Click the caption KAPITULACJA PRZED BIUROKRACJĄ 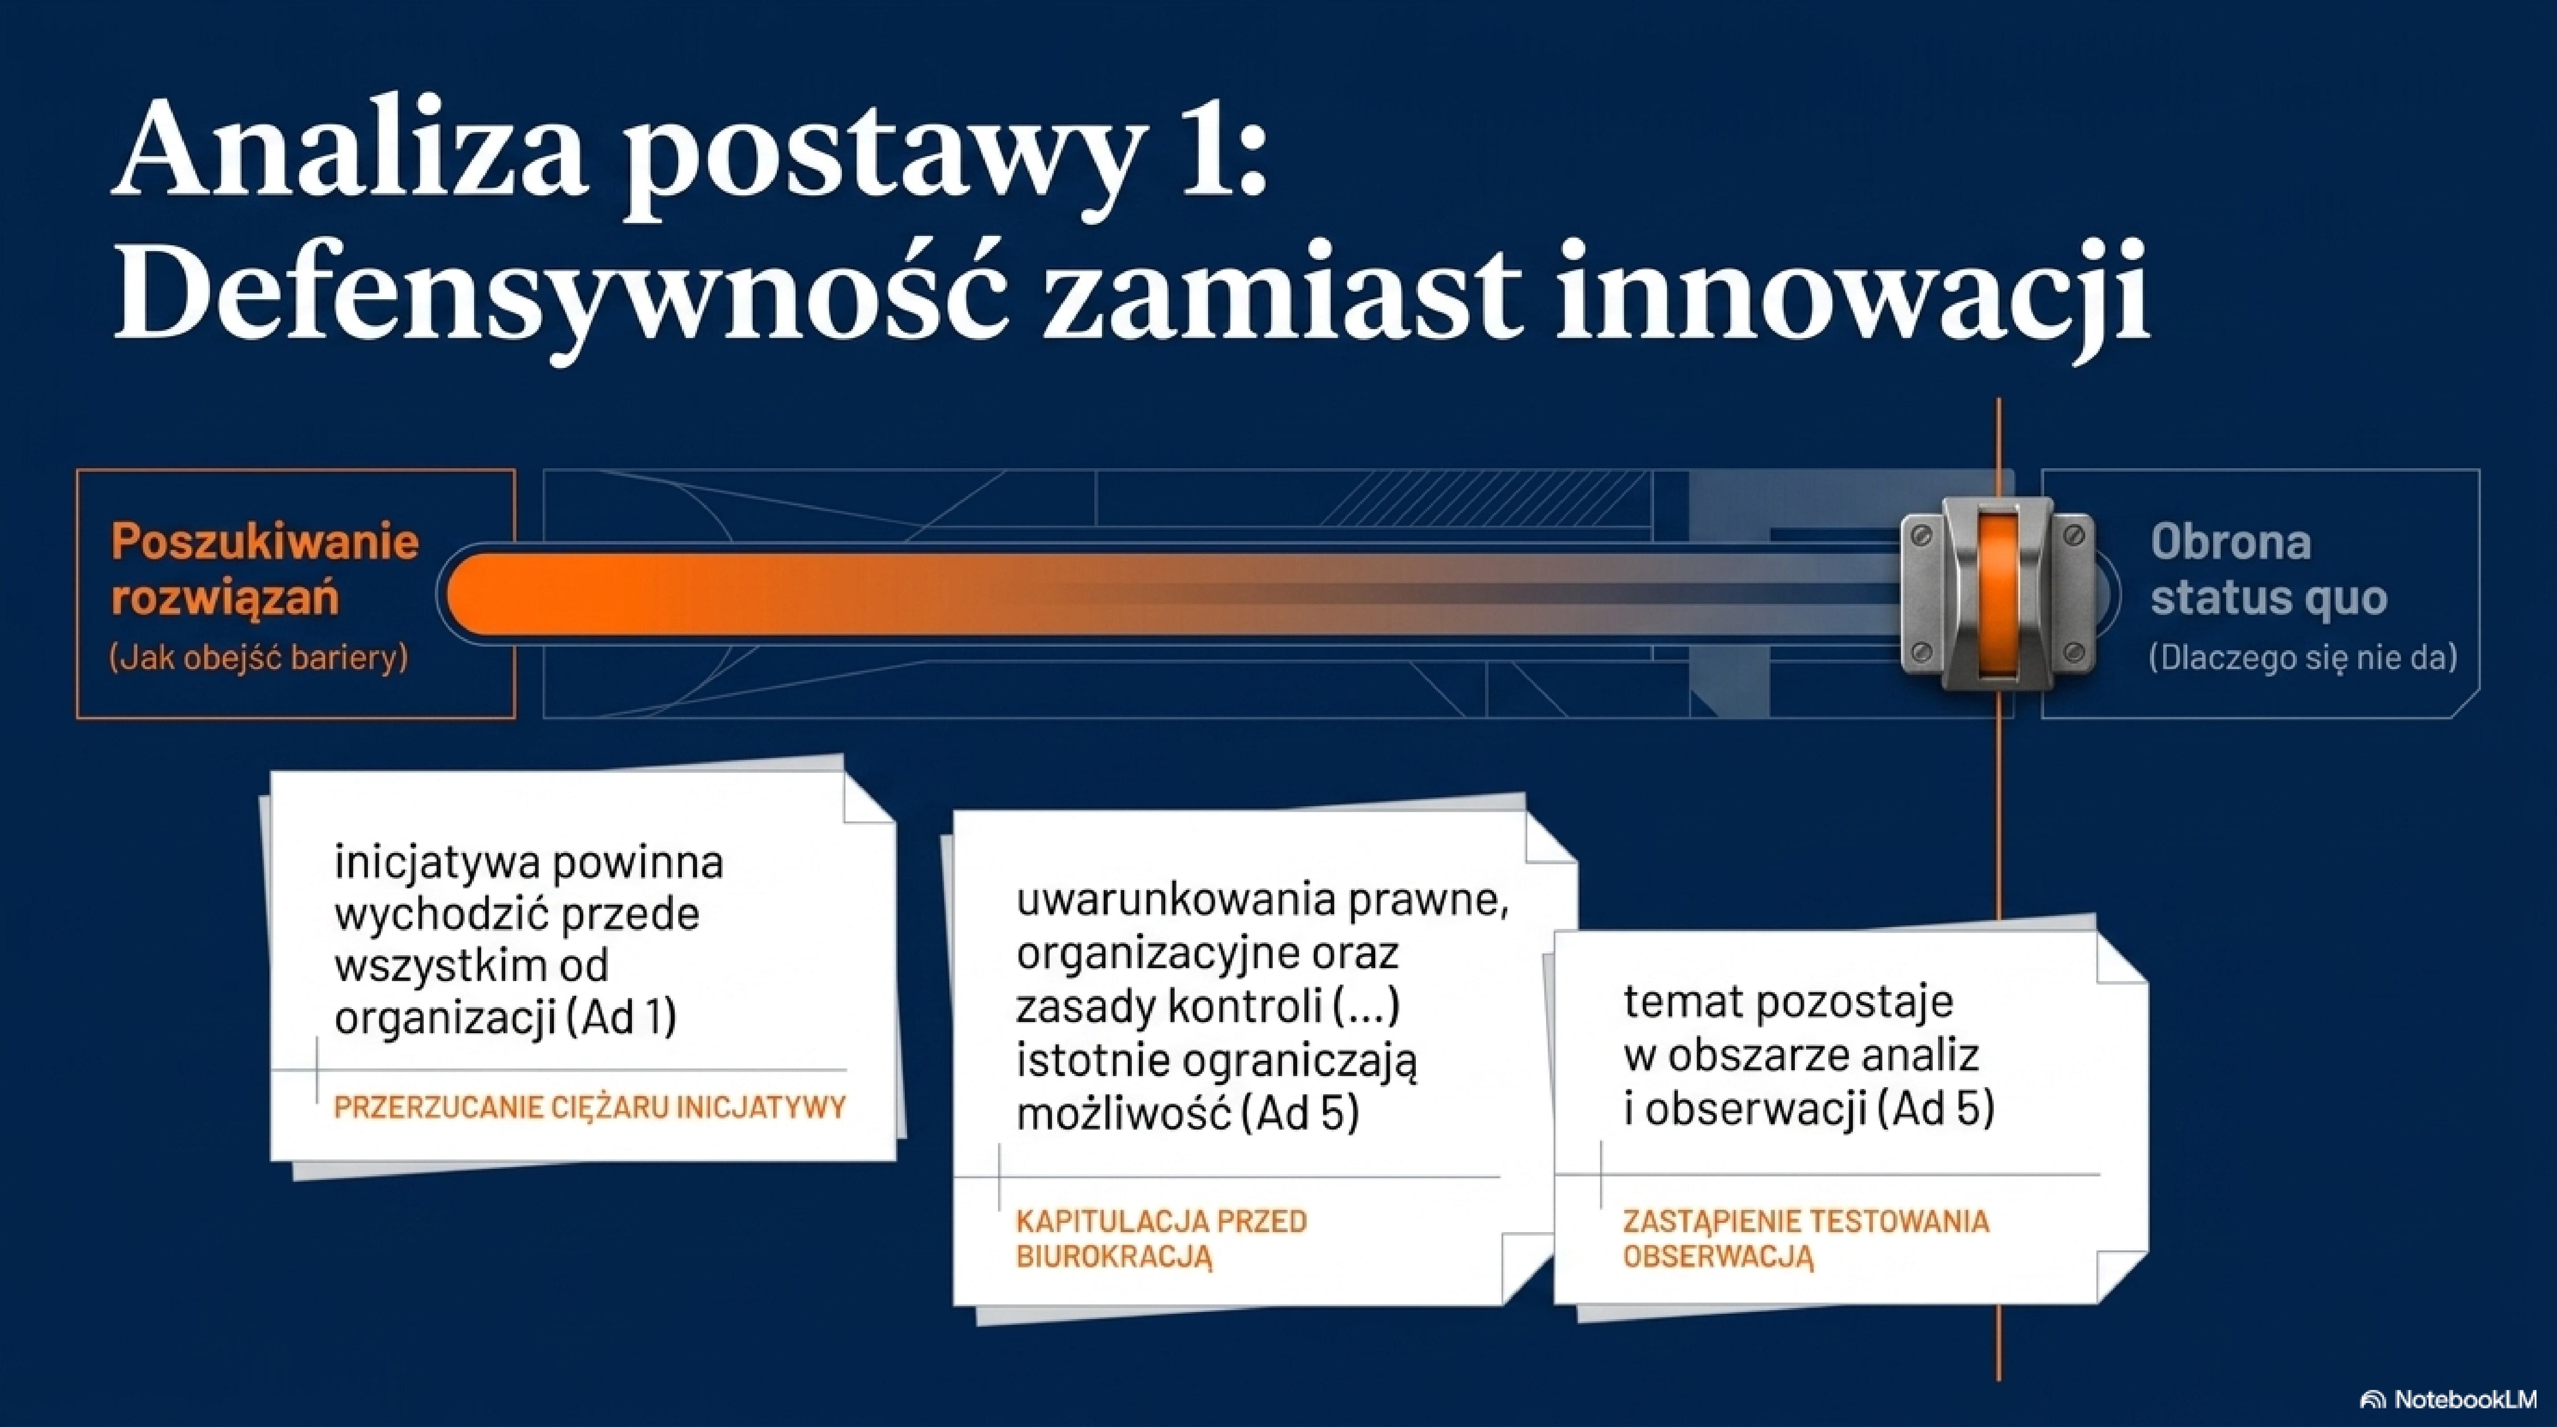1161,1238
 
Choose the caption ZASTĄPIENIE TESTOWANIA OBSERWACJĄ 1806,1238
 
